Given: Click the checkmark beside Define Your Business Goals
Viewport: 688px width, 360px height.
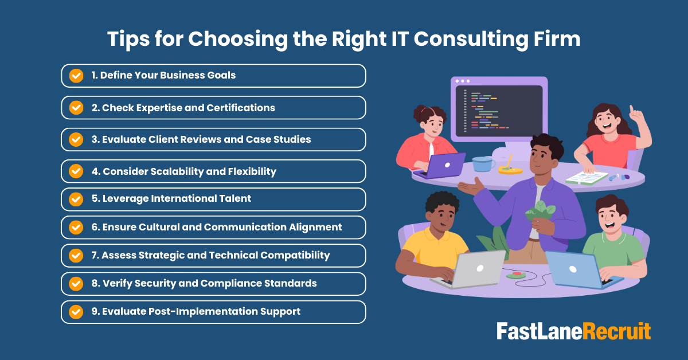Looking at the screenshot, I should point(76,76).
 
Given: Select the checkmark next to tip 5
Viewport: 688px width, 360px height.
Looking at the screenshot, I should point(76,199).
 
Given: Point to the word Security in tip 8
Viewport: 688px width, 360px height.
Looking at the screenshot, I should point(156,283).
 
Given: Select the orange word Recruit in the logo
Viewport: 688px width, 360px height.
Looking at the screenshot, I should point(617,331).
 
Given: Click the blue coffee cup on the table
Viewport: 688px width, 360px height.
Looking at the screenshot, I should point(483,164).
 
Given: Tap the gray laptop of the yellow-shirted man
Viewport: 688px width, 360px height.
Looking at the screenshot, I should point(476,268).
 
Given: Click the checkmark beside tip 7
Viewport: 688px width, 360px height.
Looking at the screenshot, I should point(76,255).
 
